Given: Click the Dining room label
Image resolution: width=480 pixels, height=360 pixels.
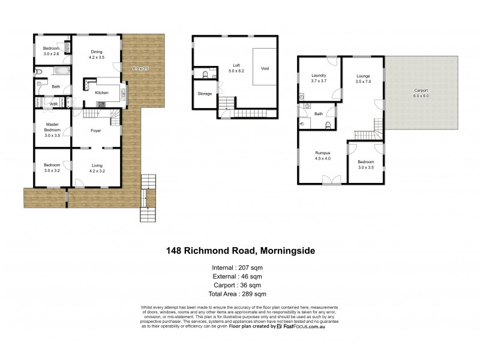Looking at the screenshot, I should [x=97, y=52].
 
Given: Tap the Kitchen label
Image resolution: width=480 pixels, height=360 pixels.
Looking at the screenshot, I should [x=101, y=93].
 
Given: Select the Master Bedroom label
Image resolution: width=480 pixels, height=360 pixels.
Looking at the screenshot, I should [x=52, y=126].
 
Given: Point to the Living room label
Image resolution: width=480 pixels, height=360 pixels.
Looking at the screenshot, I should [x=97, y=166].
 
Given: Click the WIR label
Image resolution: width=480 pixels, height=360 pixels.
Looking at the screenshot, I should [x=53, y=104].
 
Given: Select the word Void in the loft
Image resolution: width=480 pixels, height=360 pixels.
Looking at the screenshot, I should [x=265, y=68].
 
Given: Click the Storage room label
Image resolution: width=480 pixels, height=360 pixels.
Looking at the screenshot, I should [x=204, y=94].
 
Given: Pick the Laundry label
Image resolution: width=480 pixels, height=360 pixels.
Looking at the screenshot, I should [x=318, y=75].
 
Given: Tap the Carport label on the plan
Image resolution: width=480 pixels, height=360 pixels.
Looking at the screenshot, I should [x=421, y=91].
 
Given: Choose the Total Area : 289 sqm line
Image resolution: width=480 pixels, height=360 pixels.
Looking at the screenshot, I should [x=239, y=294].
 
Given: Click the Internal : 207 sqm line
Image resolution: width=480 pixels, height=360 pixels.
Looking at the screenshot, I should [x=239, y=267].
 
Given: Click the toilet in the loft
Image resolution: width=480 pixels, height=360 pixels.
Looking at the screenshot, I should [x=205, y=75].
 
